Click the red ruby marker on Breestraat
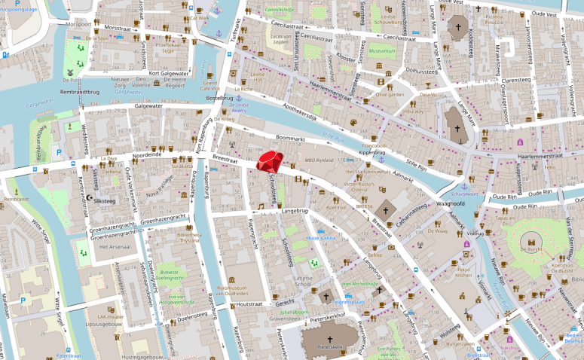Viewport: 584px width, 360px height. [x=269, y=161]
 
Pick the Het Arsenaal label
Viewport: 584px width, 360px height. [x=104, y=246]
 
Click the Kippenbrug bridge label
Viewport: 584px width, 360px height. [x=371, y=152]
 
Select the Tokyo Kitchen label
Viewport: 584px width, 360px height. [x=463, y=273]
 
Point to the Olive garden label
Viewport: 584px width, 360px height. [x=390, y=95]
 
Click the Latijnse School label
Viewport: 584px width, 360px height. [x=301, y=281]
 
